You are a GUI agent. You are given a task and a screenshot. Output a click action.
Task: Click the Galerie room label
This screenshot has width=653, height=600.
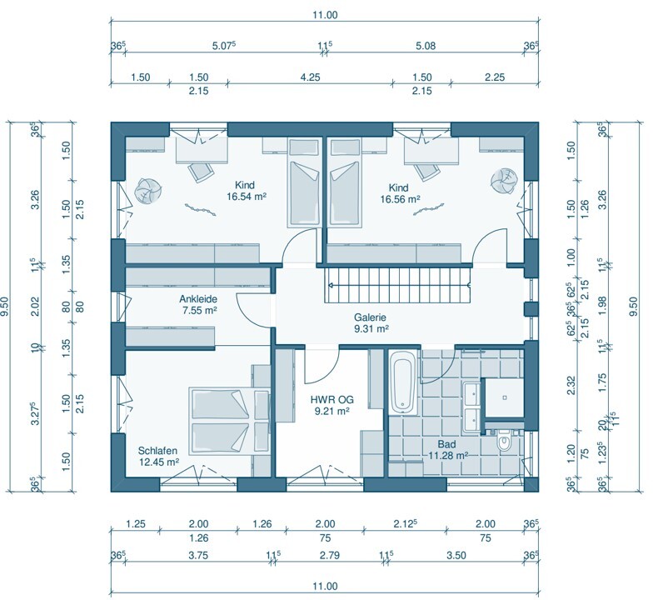(x=370, y=317)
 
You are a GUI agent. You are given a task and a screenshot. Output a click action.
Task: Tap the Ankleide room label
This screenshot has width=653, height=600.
(x=198, y=298)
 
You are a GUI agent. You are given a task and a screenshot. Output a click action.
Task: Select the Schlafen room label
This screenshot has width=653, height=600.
(x=158, y=450)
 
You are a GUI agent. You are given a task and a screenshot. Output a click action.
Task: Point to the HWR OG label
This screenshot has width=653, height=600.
(x=331, y=400)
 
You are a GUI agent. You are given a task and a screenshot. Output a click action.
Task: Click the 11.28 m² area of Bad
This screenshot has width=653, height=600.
(x=448, y=455)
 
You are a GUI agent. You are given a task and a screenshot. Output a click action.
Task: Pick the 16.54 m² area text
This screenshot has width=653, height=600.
(x=247, y=197)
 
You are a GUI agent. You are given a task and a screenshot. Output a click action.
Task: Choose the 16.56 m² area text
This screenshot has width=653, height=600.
(x=400, y=199)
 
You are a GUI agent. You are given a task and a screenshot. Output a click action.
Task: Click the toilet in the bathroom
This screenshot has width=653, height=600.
(x=503, y=442)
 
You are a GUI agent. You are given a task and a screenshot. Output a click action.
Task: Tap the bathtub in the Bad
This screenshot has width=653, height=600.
(x=402, y=382)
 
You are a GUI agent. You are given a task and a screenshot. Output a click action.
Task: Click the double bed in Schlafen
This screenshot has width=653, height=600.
(x=229, y=422)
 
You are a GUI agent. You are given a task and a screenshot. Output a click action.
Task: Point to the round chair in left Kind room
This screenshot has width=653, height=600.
(x=147, y=191)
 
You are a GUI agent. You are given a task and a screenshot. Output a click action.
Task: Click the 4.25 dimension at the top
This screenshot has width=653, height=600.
(x=310, y=77)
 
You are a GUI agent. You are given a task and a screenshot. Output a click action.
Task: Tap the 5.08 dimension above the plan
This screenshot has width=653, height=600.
(x=426, y=45)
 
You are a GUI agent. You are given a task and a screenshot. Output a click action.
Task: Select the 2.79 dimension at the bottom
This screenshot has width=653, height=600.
(x=330, y=555)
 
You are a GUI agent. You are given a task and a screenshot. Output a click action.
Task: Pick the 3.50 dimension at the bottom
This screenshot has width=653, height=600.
(x=456, y=555)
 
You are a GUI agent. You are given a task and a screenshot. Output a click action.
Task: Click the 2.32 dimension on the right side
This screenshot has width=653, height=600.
(x=571, y=385)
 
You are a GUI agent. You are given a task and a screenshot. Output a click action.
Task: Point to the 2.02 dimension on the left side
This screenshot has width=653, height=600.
(x=35, y=306)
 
